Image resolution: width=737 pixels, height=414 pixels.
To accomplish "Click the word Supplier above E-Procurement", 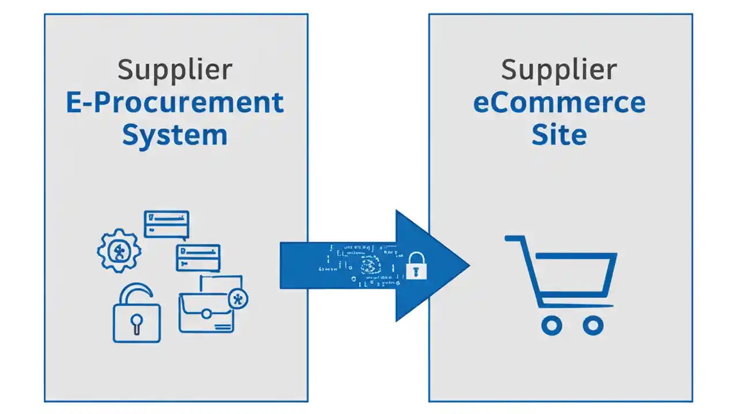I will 175,70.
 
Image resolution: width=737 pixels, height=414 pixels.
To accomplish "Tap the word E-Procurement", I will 175,103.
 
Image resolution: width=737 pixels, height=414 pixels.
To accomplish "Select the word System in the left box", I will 175,135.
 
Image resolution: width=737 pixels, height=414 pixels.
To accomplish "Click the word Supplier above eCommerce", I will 559,70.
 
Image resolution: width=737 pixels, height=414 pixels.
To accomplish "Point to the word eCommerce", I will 559,103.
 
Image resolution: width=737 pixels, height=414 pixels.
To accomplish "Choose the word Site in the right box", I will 559,135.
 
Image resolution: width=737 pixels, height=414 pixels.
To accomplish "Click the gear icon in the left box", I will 119,250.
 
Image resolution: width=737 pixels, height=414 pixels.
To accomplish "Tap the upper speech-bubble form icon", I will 166,224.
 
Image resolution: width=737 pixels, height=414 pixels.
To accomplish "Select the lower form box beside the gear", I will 198,257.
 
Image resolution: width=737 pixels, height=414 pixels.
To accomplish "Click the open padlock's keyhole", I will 136,322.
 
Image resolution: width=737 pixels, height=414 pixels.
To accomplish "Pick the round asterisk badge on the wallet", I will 238,298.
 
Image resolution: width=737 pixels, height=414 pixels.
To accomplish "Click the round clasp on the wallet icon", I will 206,313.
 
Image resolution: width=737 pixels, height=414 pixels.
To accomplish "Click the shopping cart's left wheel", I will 552,325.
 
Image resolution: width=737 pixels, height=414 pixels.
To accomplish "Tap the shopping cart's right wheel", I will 592,325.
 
